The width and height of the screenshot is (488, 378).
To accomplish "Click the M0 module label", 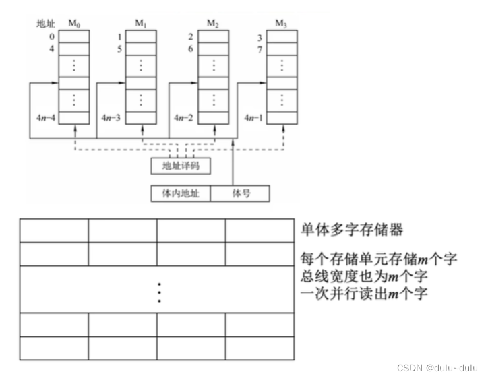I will [74, 24].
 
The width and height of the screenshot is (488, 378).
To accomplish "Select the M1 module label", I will [140, 24].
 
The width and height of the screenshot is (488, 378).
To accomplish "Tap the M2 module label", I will [213, 24].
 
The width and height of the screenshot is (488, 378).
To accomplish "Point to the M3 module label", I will [282, 24].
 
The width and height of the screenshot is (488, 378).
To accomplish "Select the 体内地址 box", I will [181, 193].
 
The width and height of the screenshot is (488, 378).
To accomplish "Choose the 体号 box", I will [241, 193].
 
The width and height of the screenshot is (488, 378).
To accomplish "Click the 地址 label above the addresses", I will [45, 24].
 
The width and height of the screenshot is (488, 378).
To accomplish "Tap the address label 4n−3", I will [113, 117].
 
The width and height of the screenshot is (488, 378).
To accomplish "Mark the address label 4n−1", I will [254, 117].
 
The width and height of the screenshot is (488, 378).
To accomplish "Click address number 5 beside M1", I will [119, 49].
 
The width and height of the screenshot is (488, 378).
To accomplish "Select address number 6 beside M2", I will [191, 49].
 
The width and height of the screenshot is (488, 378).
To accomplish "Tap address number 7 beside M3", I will [260, 49].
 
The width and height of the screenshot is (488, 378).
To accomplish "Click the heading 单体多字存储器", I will [352, 230].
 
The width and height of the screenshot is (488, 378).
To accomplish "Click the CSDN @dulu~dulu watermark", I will [437, 368].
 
